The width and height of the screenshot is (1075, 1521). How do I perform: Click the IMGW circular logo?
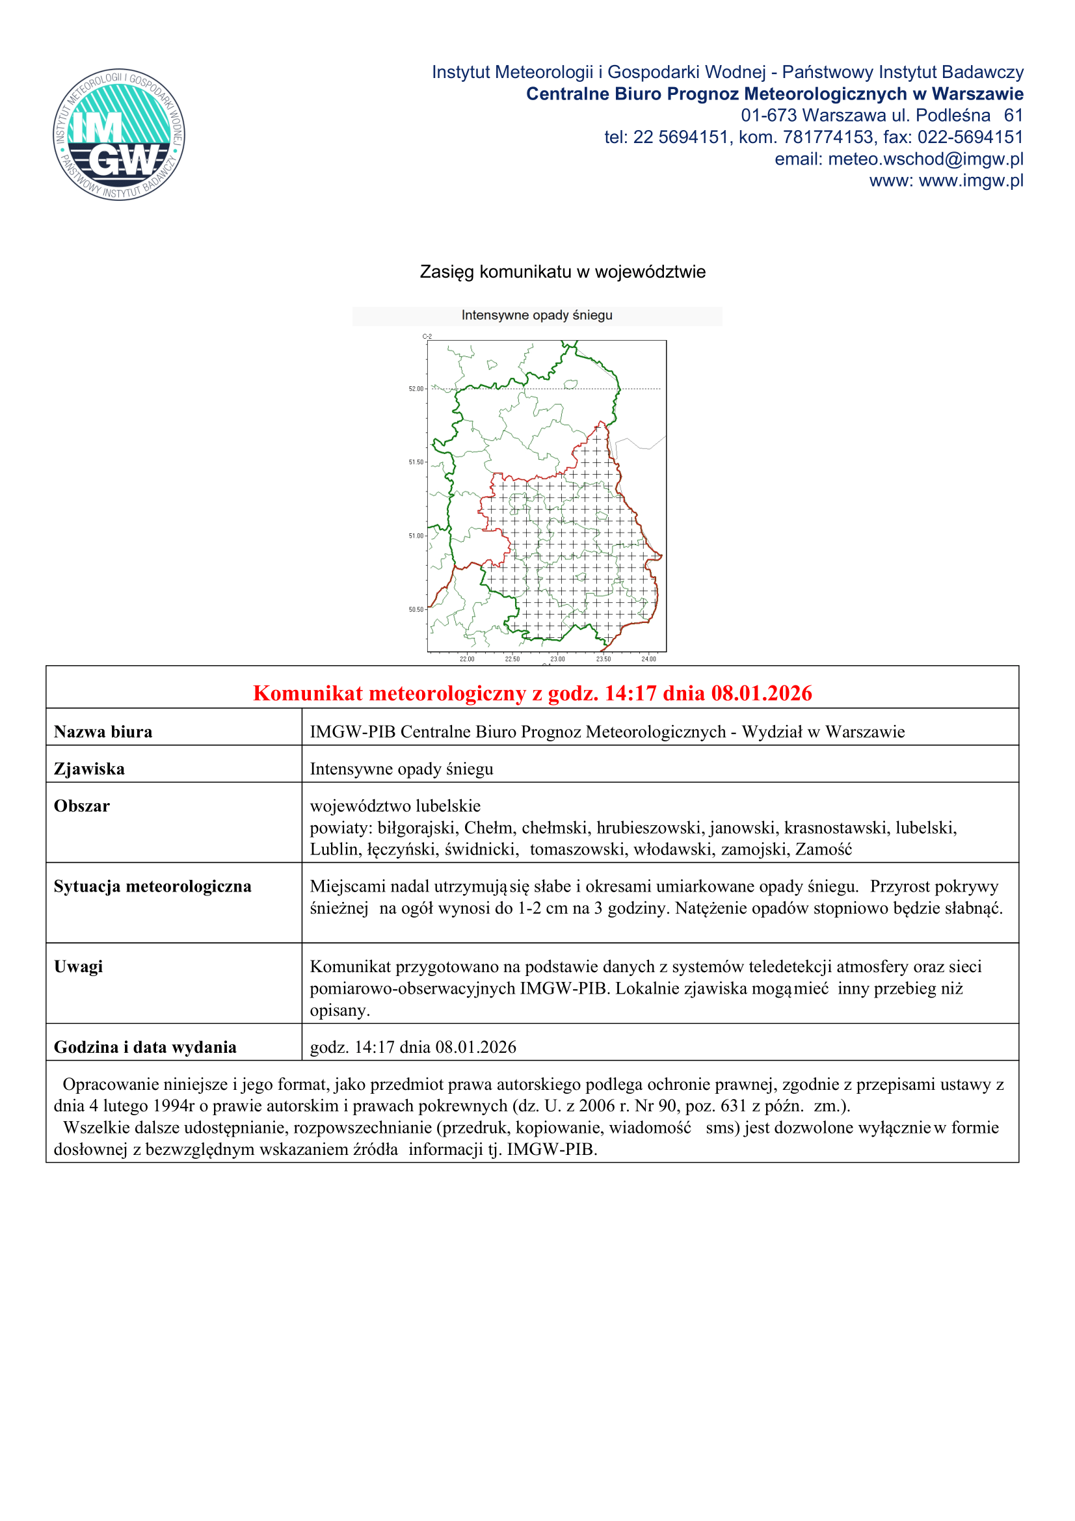pos(119,135)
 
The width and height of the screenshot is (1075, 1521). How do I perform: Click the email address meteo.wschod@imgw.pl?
pos(925,159)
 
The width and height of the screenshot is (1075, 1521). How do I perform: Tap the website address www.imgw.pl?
pos(971,181)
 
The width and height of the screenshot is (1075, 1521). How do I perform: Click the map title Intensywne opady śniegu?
pos(537,315)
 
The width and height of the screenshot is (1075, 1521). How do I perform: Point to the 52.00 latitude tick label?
pos(416,389)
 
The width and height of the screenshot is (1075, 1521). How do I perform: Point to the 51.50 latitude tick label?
pos(416,462)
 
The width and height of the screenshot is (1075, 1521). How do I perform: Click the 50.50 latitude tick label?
pos(416,609)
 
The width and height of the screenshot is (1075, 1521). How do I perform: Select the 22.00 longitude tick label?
pos(467,659)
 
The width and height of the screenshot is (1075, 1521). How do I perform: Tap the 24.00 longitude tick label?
pos(648,659)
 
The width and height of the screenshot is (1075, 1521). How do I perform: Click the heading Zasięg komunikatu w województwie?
pos(563,272)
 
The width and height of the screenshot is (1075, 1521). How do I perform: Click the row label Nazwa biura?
pos(103,732)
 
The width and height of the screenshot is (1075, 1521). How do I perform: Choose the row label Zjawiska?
pos(89,769)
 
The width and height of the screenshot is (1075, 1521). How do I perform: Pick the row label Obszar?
pos(82,806)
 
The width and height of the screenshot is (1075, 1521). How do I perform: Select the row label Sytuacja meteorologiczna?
pos(153,886)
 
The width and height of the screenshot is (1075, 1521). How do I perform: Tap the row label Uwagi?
pos(78,966)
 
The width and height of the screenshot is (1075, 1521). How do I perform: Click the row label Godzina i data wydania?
pos(145,1048)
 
